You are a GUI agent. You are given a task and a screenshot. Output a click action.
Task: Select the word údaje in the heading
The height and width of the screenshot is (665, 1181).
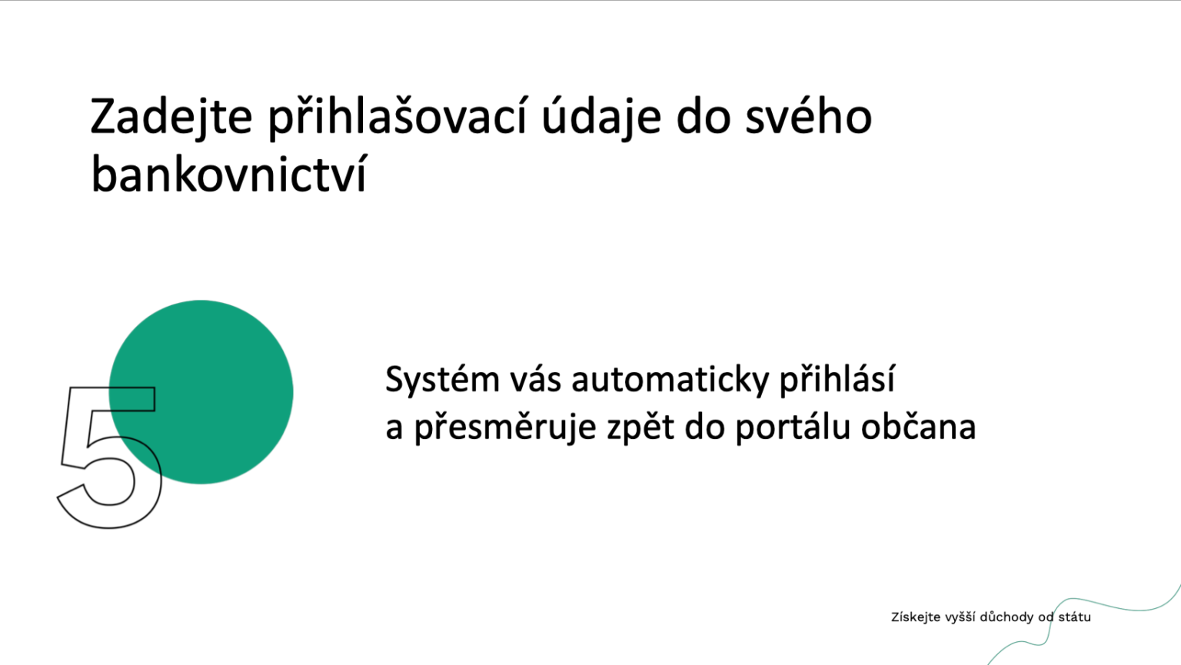[601, 118]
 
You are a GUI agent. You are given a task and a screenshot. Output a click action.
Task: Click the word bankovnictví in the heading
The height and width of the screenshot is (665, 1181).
[228, 173]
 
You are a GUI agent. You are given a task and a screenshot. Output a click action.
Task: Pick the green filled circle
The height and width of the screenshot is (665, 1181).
[201, 392]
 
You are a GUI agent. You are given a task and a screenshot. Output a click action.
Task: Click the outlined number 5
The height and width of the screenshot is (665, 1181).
[110, 457]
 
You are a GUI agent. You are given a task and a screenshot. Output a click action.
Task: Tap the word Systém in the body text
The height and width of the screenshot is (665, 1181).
[442, 381]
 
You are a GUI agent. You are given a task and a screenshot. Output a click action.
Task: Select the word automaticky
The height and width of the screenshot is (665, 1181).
[670, 381]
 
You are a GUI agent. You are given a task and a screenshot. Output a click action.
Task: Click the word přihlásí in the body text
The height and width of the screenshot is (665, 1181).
[837, 380]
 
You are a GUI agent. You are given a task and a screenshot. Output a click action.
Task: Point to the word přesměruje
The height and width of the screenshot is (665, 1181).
[505, 427]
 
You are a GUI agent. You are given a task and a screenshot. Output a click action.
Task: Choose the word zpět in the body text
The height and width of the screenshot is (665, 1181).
[640, 427]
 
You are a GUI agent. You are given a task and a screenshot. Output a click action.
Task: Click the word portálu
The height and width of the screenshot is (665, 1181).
[793, 427]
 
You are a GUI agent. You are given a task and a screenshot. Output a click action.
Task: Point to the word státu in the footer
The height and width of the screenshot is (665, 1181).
[1074, 617]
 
